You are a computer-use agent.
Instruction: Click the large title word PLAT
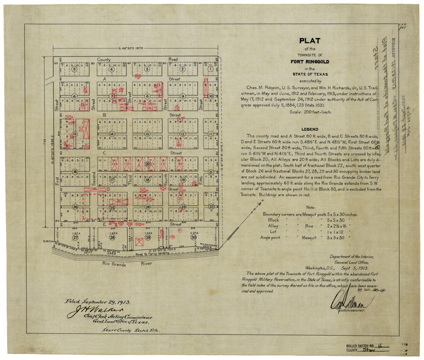point(310,41)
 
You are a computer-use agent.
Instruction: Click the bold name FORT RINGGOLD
point(310,61)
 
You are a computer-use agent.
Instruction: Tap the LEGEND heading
point(310,129)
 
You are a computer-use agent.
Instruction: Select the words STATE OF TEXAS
point(310,74)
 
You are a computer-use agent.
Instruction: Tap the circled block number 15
point(75,134)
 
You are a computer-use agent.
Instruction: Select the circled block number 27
point(75,238)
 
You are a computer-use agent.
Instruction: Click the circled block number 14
point(111,134)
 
